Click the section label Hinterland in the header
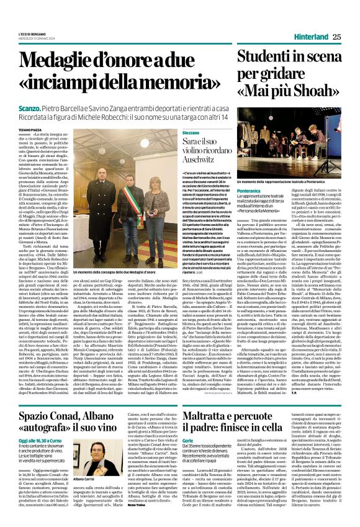(x=307, y=37)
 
